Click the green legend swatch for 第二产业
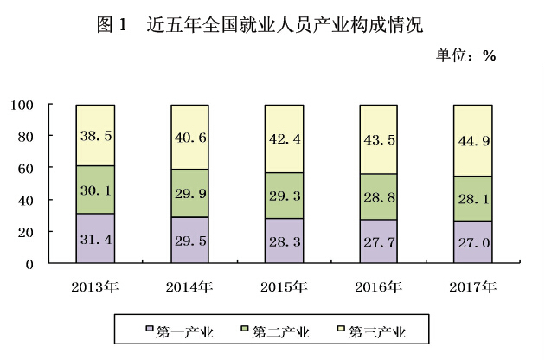(x=245, y=330)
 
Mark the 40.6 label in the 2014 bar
(x=190, y=135)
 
